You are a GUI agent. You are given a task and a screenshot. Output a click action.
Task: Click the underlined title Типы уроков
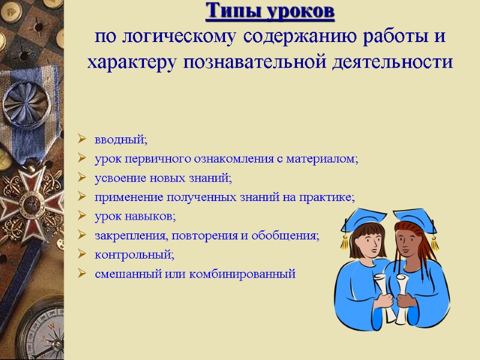(x=270, y=11)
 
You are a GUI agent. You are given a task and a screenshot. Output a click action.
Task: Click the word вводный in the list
(x=120, y=140)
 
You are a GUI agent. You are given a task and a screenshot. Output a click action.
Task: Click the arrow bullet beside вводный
(x=82, y=141)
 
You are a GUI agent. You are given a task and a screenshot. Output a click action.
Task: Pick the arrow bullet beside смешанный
(x=82, y=274)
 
